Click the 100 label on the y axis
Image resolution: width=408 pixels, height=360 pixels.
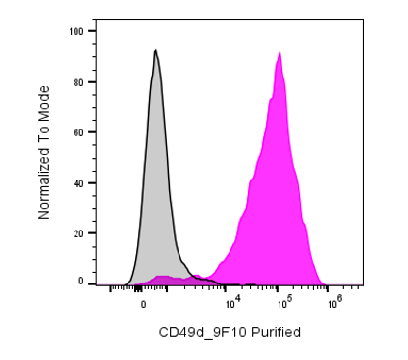pyautogui.click(x=76, y=31)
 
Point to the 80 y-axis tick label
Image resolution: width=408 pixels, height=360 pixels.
pyautogui.click(x=78, y=82)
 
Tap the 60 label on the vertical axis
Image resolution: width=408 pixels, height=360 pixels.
pyautogui.click(x=78, y=132)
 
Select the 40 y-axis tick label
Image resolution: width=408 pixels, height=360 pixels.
pyautogui.click(x=78, y=183)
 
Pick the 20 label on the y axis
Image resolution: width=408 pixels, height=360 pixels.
pyautogui.click(x=78, y=233)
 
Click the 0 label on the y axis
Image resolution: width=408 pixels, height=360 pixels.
pyautogui.click(x=81, y=282)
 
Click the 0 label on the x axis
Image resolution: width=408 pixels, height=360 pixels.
pyautogui.click(x=143, y=305)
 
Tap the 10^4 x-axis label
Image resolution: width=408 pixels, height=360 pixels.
pyautogui.click(x=233, y=303)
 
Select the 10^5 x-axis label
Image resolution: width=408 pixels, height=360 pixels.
pyautogui.click(x=284, y=303)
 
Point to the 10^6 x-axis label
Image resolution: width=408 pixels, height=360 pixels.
pyautogui.click(x=335, y=302)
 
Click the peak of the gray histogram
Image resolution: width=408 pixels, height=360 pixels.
pyautogui.click(x=156, y=50)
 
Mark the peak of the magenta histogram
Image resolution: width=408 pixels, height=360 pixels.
pyautogui.click(x=280, y=50)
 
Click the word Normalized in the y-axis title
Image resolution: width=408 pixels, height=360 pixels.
pyautogui.click(x=44, y=183)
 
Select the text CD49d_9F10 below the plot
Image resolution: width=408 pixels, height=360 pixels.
pyautogui.click(x=203, y=333)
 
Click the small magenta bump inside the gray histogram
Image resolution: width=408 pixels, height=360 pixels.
pyautogui.click(x=164, y=279)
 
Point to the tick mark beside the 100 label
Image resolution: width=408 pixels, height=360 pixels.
pyautogui.click(x=92, y=31)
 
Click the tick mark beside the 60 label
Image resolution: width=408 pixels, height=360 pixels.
pyautogui.click(x=92, y=132)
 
